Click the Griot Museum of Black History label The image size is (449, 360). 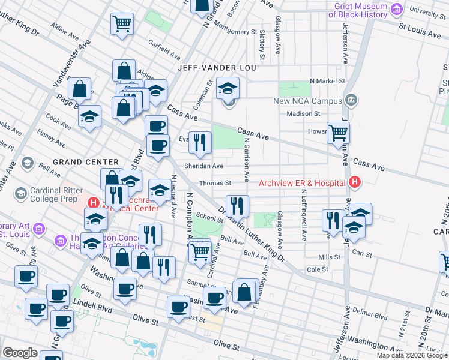[x=357, y=10]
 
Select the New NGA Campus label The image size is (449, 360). [x=307, y=101]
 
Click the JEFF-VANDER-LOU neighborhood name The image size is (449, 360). [x=217, y=68]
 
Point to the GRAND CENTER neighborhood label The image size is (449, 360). [x=86, y=162]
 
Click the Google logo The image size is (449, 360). [x=20, y=353]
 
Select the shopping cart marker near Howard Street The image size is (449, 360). [x=339, y=132]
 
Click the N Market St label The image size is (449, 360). [x=328, y=81]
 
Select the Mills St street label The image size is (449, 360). [x=330, y=257]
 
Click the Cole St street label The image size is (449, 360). [x=317, y=269]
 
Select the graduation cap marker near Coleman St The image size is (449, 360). [x=228, y=88]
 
